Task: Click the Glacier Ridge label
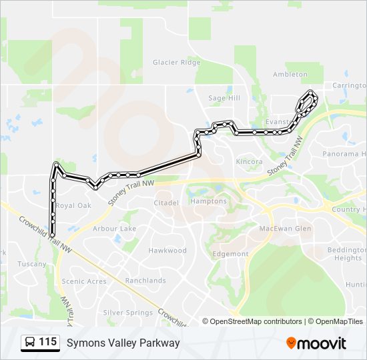point(176,63)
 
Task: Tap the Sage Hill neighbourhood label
point(224,98)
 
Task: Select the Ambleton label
point(290,75)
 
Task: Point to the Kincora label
point(249,161)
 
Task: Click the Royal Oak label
point(73,206)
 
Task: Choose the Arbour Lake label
point(114,229)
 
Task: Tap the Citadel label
point(166,203)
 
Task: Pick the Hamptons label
point(209,201)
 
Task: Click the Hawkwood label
point(167,251)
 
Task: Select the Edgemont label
point(230,254)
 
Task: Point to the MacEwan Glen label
point(285,229)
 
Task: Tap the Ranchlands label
point(145,281)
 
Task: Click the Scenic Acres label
point(84,281)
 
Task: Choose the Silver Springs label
point(128,312)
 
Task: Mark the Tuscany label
point(32,264)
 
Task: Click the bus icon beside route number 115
point(30,343)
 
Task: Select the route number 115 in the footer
point(47,342)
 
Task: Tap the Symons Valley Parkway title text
point(123,343)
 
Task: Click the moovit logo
point(316,343)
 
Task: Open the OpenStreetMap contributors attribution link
point(256,321)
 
